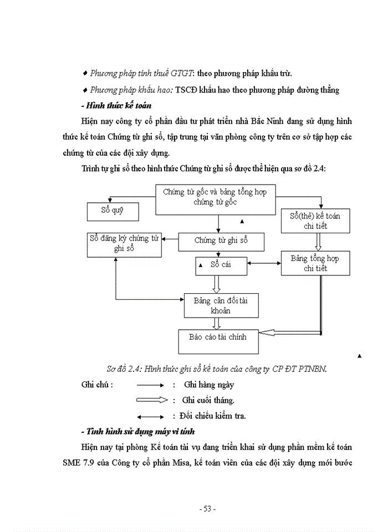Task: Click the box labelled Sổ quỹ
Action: [x=113, y=211]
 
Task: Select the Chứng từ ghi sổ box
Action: [x=221, y=242]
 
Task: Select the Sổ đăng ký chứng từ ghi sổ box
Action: [x=124, y=244]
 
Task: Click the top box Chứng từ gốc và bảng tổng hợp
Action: [x=215, y=198]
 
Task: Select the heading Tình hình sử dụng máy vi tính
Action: [x=136, y=431]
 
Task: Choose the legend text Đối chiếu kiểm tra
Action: [x=213, y=415]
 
